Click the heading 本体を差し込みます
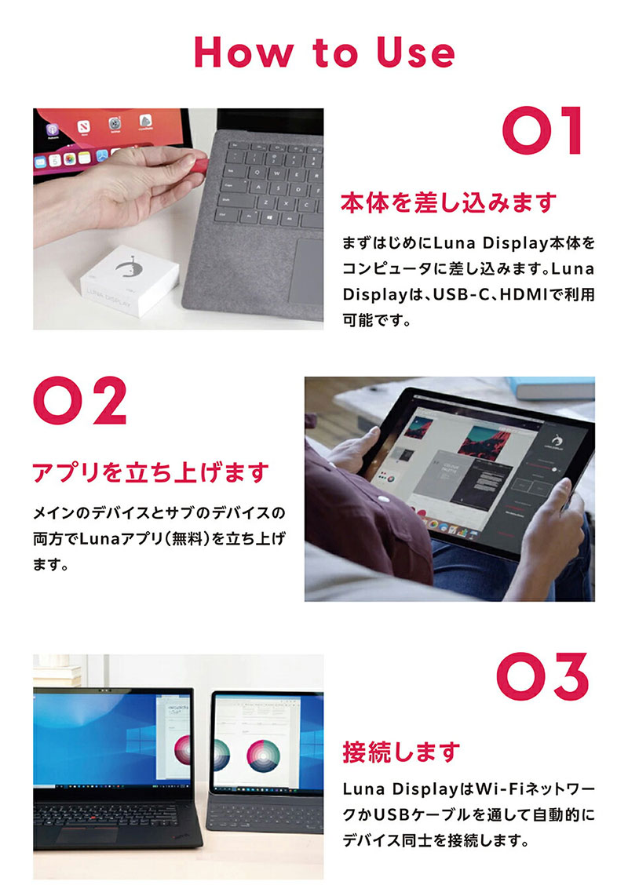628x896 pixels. click(x=448, y=203)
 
